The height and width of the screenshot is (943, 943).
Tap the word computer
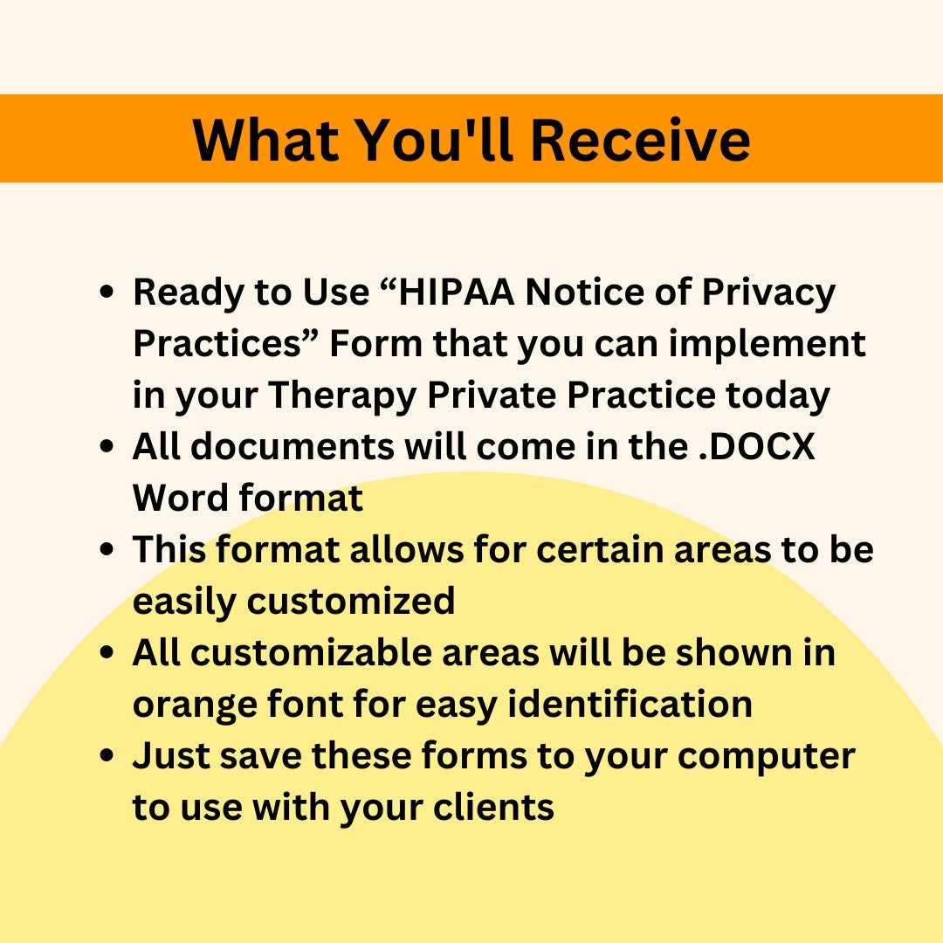pos(767,756)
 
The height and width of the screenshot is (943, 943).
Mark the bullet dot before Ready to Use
pos(108,294)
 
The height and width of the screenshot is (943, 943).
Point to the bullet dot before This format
pos(108,552)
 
